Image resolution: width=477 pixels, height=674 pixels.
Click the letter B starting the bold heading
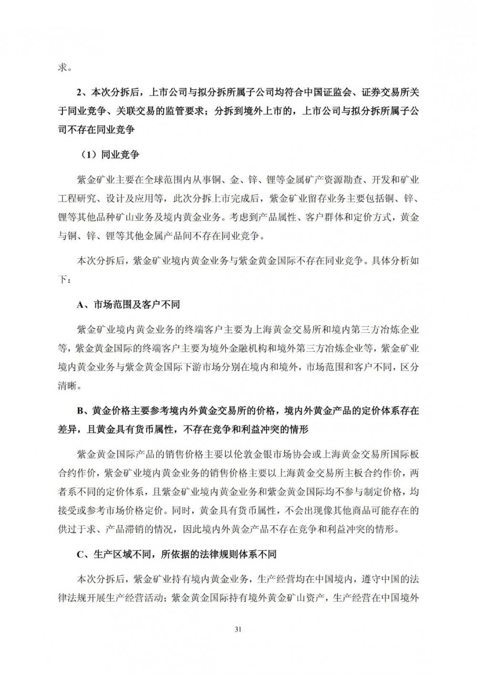tap(80, 411)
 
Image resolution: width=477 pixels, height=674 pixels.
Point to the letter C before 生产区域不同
tap(80, 554)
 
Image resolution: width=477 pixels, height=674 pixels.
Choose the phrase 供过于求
tap(77, 529)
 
